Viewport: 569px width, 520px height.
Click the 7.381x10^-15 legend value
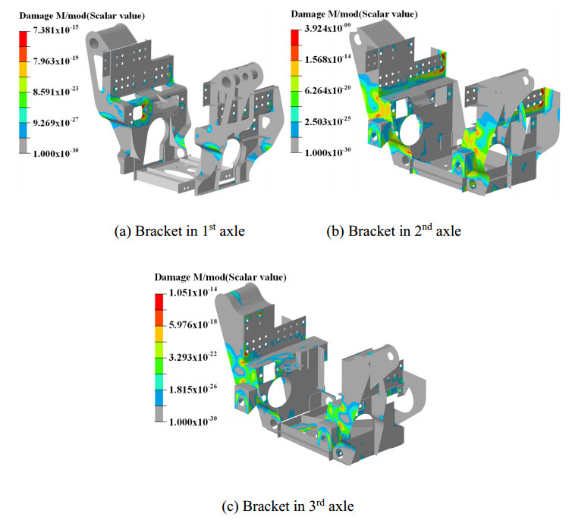click(x=55, y=30)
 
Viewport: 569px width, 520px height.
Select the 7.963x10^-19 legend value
click(x=55, y=60)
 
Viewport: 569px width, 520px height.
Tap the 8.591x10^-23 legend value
click(x=55, y=91)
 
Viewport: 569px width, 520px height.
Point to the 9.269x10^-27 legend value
click(x=55, y=122)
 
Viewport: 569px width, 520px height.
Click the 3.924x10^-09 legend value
click(x=328, y=28)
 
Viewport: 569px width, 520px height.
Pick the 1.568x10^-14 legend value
click(x=328, y=58)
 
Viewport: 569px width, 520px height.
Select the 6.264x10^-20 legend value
click(x=328, y=89)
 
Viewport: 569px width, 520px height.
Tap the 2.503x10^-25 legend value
click(x=328, y=121)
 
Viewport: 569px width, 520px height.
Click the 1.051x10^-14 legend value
click(x=193, y=292)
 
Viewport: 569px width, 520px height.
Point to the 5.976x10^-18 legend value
click(x=193, y=324)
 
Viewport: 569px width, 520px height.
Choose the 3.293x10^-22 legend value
click(x=193, y=356)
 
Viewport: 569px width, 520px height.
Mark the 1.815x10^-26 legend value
click(x=193, y=389)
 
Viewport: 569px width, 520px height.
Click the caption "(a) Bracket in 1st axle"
click(x=180, y=230)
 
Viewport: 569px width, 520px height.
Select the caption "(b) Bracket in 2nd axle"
click(x=394, y=230)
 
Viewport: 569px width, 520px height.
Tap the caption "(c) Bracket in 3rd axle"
click(x=288, y=506)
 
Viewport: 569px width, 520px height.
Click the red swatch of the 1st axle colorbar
click(x=24, y=39)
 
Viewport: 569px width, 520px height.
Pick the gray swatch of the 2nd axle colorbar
click(x=294, y=145)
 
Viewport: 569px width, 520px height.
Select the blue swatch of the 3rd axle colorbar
click(x=159, y=398)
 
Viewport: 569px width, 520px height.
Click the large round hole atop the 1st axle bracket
click(x=95, y=42)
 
